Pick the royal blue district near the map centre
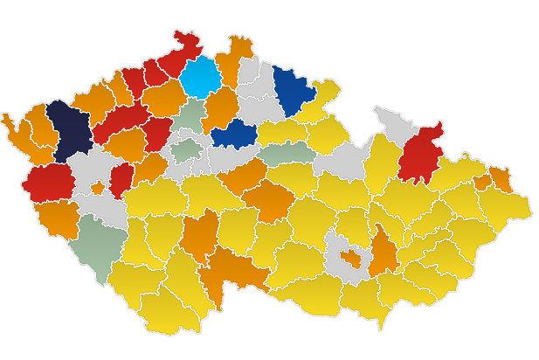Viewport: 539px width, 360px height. point(231,135)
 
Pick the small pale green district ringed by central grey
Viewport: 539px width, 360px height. point(186,147)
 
